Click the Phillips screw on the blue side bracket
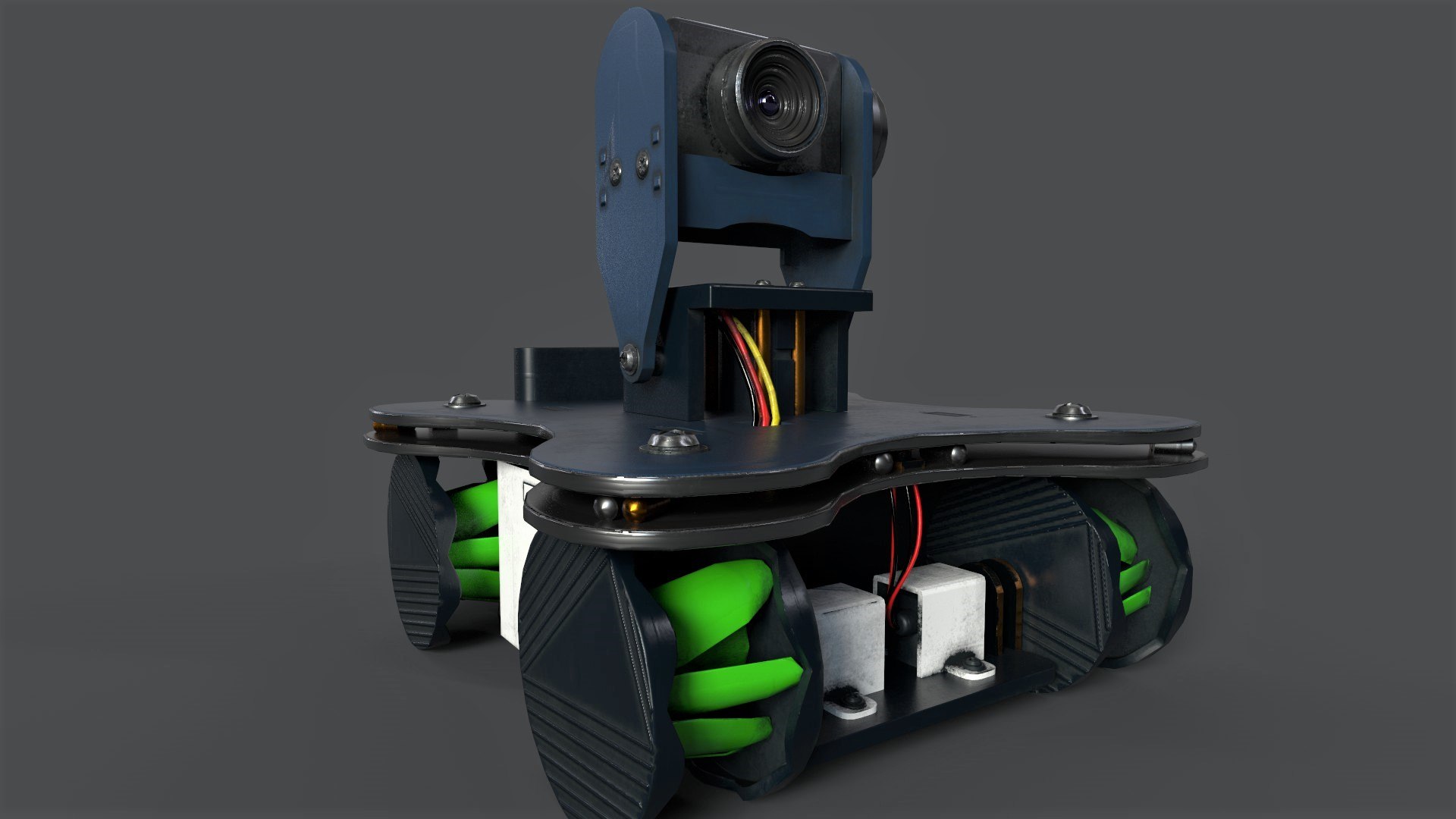pyautogui.click(x=644, y=161)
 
